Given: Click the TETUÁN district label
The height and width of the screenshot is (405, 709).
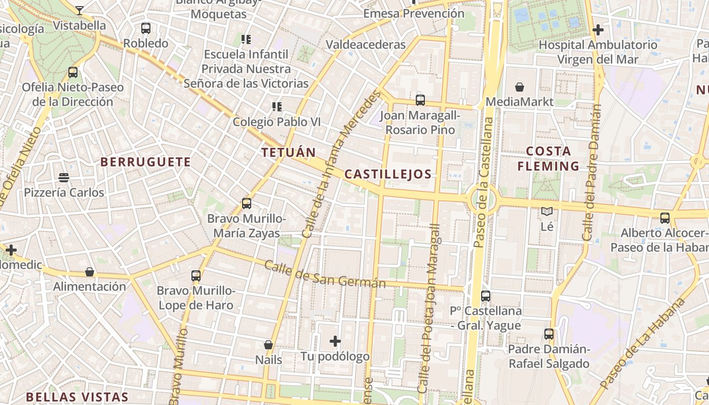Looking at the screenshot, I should click(x=288, y=152).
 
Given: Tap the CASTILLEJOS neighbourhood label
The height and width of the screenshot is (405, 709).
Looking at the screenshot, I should click(x=388, y=175).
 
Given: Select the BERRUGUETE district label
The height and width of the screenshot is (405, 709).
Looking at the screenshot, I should click(x=145, y=162).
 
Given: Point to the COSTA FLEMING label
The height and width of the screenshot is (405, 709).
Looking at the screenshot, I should click(x=552, y=158).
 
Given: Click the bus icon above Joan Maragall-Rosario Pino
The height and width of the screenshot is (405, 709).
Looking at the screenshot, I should click(x=420, y=100).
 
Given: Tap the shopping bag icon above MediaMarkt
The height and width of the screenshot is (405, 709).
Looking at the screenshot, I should click(x=519, y=87).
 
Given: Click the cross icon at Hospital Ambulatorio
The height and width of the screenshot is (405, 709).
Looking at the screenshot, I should click(x=598, y=30).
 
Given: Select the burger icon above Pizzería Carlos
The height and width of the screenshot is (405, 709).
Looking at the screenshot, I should click(x=64, y=178).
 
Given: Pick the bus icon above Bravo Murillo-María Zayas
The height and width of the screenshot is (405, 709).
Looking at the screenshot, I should click(x=247, y=204).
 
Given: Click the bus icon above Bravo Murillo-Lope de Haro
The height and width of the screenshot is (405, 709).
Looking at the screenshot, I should click(x=196, y=276).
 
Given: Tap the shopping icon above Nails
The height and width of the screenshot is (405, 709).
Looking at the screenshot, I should click(x=268, y=345).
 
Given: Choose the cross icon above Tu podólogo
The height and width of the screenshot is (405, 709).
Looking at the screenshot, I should click(x=335, y=341).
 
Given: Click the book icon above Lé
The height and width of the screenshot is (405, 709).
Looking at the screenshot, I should click(x=547, y=211).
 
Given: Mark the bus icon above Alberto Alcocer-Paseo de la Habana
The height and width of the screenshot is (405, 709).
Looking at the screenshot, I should click(x=664, y=218).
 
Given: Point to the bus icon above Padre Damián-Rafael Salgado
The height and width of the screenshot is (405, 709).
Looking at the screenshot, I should click(x=549, y=334).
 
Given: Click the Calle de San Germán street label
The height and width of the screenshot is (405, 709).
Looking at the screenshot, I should click(x=325, y=275).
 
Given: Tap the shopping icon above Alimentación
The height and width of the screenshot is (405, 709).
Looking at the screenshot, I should click(x=90, y=272).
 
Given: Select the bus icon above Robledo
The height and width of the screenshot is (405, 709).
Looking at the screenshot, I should click(x=146, y=28).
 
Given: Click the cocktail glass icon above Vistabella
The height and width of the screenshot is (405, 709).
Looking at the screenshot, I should click(x=80, y=10).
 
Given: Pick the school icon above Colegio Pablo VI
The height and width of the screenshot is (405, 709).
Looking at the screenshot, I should click(x=277, y=106).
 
